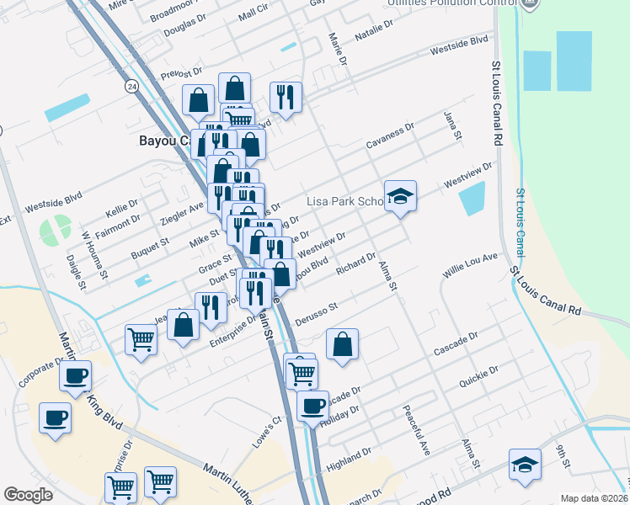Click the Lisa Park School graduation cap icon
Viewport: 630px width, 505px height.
click(x=401, y=197)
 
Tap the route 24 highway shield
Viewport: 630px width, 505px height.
click(x=131, y=86)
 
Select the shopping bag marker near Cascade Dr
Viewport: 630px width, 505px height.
click(x=342, y=344)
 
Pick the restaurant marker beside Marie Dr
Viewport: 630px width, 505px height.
click(x=286, y=97)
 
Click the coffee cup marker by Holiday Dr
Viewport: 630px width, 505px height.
click(x=313, y=406)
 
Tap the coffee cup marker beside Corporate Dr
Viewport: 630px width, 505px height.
click(x=75, y=375)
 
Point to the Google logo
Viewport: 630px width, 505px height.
click(x=28, y=495)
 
